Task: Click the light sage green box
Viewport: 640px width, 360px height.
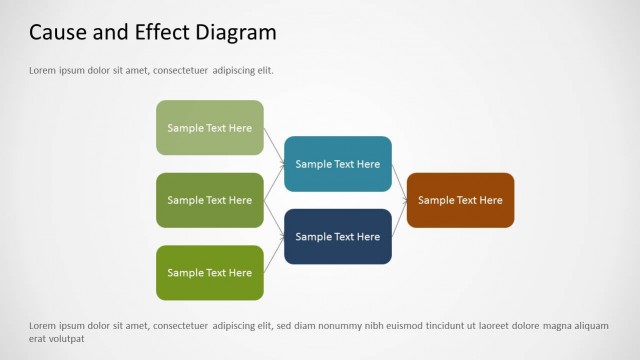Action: point(209,128)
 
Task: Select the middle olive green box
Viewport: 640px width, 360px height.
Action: point(209,200)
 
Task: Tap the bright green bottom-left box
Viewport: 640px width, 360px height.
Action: point(209,273)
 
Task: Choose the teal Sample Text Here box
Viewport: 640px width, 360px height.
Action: point(337,164)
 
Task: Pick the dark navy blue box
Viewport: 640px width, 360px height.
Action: point(337,237)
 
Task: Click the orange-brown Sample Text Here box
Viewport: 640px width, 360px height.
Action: point(460,200)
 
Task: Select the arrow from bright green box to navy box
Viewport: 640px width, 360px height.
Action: point(274,256)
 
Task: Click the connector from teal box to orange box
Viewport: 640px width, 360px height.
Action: point(399,183)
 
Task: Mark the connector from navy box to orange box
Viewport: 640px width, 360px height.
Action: point(399,219)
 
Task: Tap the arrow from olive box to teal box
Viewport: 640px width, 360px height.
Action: point(274,183)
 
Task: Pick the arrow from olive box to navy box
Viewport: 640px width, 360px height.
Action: point(274,218)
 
